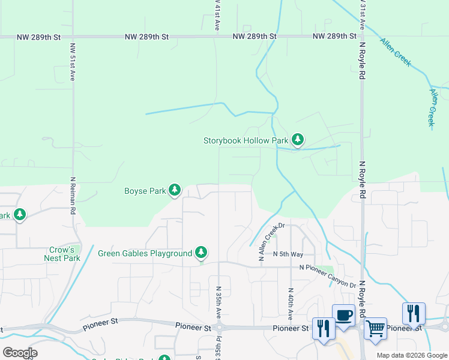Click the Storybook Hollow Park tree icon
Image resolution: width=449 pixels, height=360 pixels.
pyautogui.click(x=297, y=140)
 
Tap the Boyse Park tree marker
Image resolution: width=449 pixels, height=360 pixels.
pyautogui.click(x=175, y=191)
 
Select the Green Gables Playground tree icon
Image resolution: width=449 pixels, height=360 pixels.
pyautogui.click(x=202, y=253)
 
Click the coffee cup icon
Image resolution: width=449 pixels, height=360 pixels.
pyautogui.click(x=344, y=315)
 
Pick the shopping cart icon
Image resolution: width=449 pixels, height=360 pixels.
pyautogui.click(x=375, y=328)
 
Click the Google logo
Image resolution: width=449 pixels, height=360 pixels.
pyautogui.click(x=20, y=353)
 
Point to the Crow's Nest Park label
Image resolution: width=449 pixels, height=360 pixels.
pyautogui.click(x=62, y=254)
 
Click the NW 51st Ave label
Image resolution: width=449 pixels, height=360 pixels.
pyautogui.click(x=72, y=61)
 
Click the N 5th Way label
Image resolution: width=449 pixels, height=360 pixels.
pyautogui.click(x=288, y=254)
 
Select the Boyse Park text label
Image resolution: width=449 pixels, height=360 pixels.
pyautogui.click(x=145, y=191)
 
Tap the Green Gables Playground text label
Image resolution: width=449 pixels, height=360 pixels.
pyautogui.click(x=145, y=253)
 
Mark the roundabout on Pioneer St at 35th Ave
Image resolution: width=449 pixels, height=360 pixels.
pyautogui.click(x=218, y=328)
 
